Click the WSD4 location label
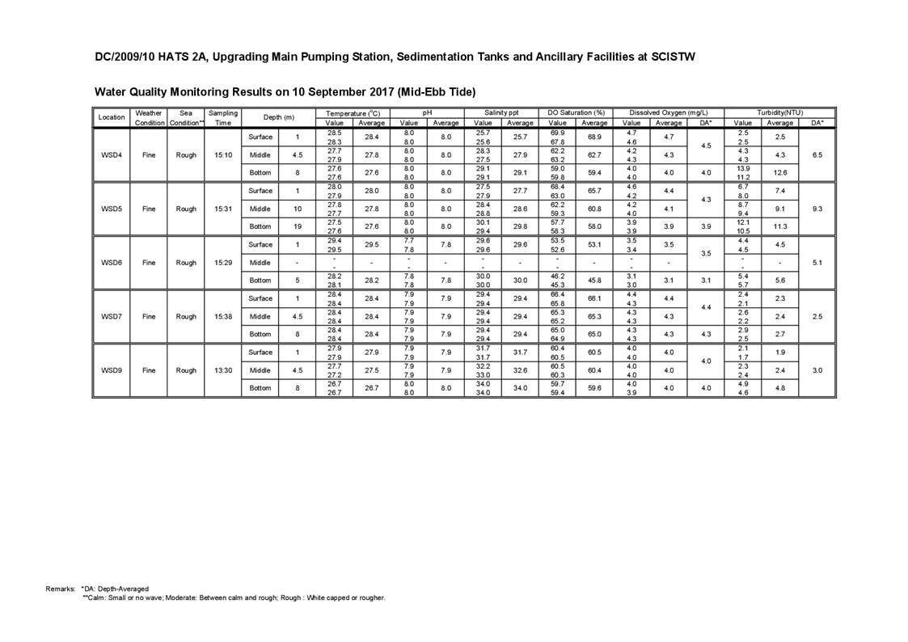[x=112, y=154]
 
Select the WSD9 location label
[x=112, y=370]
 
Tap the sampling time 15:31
[x=223, y=209]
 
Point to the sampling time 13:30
[x=223, y=370]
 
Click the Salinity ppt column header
[x=501, y=112]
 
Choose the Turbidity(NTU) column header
[x=779, y=112]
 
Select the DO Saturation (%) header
[x=576, y=112]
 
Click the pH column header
[x=427, y=112]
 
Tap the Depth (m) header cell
[x=279, y=117]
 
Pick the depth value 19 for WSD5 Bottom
[x=298, y=226]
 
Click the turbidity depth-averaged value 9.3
[x=817, y=209]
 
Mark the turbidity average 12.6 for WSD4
[x=779, y=172]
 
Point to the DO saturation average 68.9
[x=594, y=137]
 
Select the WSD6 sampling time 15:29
[x=223, y=262]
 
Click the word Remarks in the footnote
[x=60, y=589]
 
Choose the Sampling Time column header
[x=223, y=117]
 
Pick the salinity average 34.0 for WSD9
[x=520, y=388]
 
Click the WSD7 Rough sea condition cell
[x=186, y=316]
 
